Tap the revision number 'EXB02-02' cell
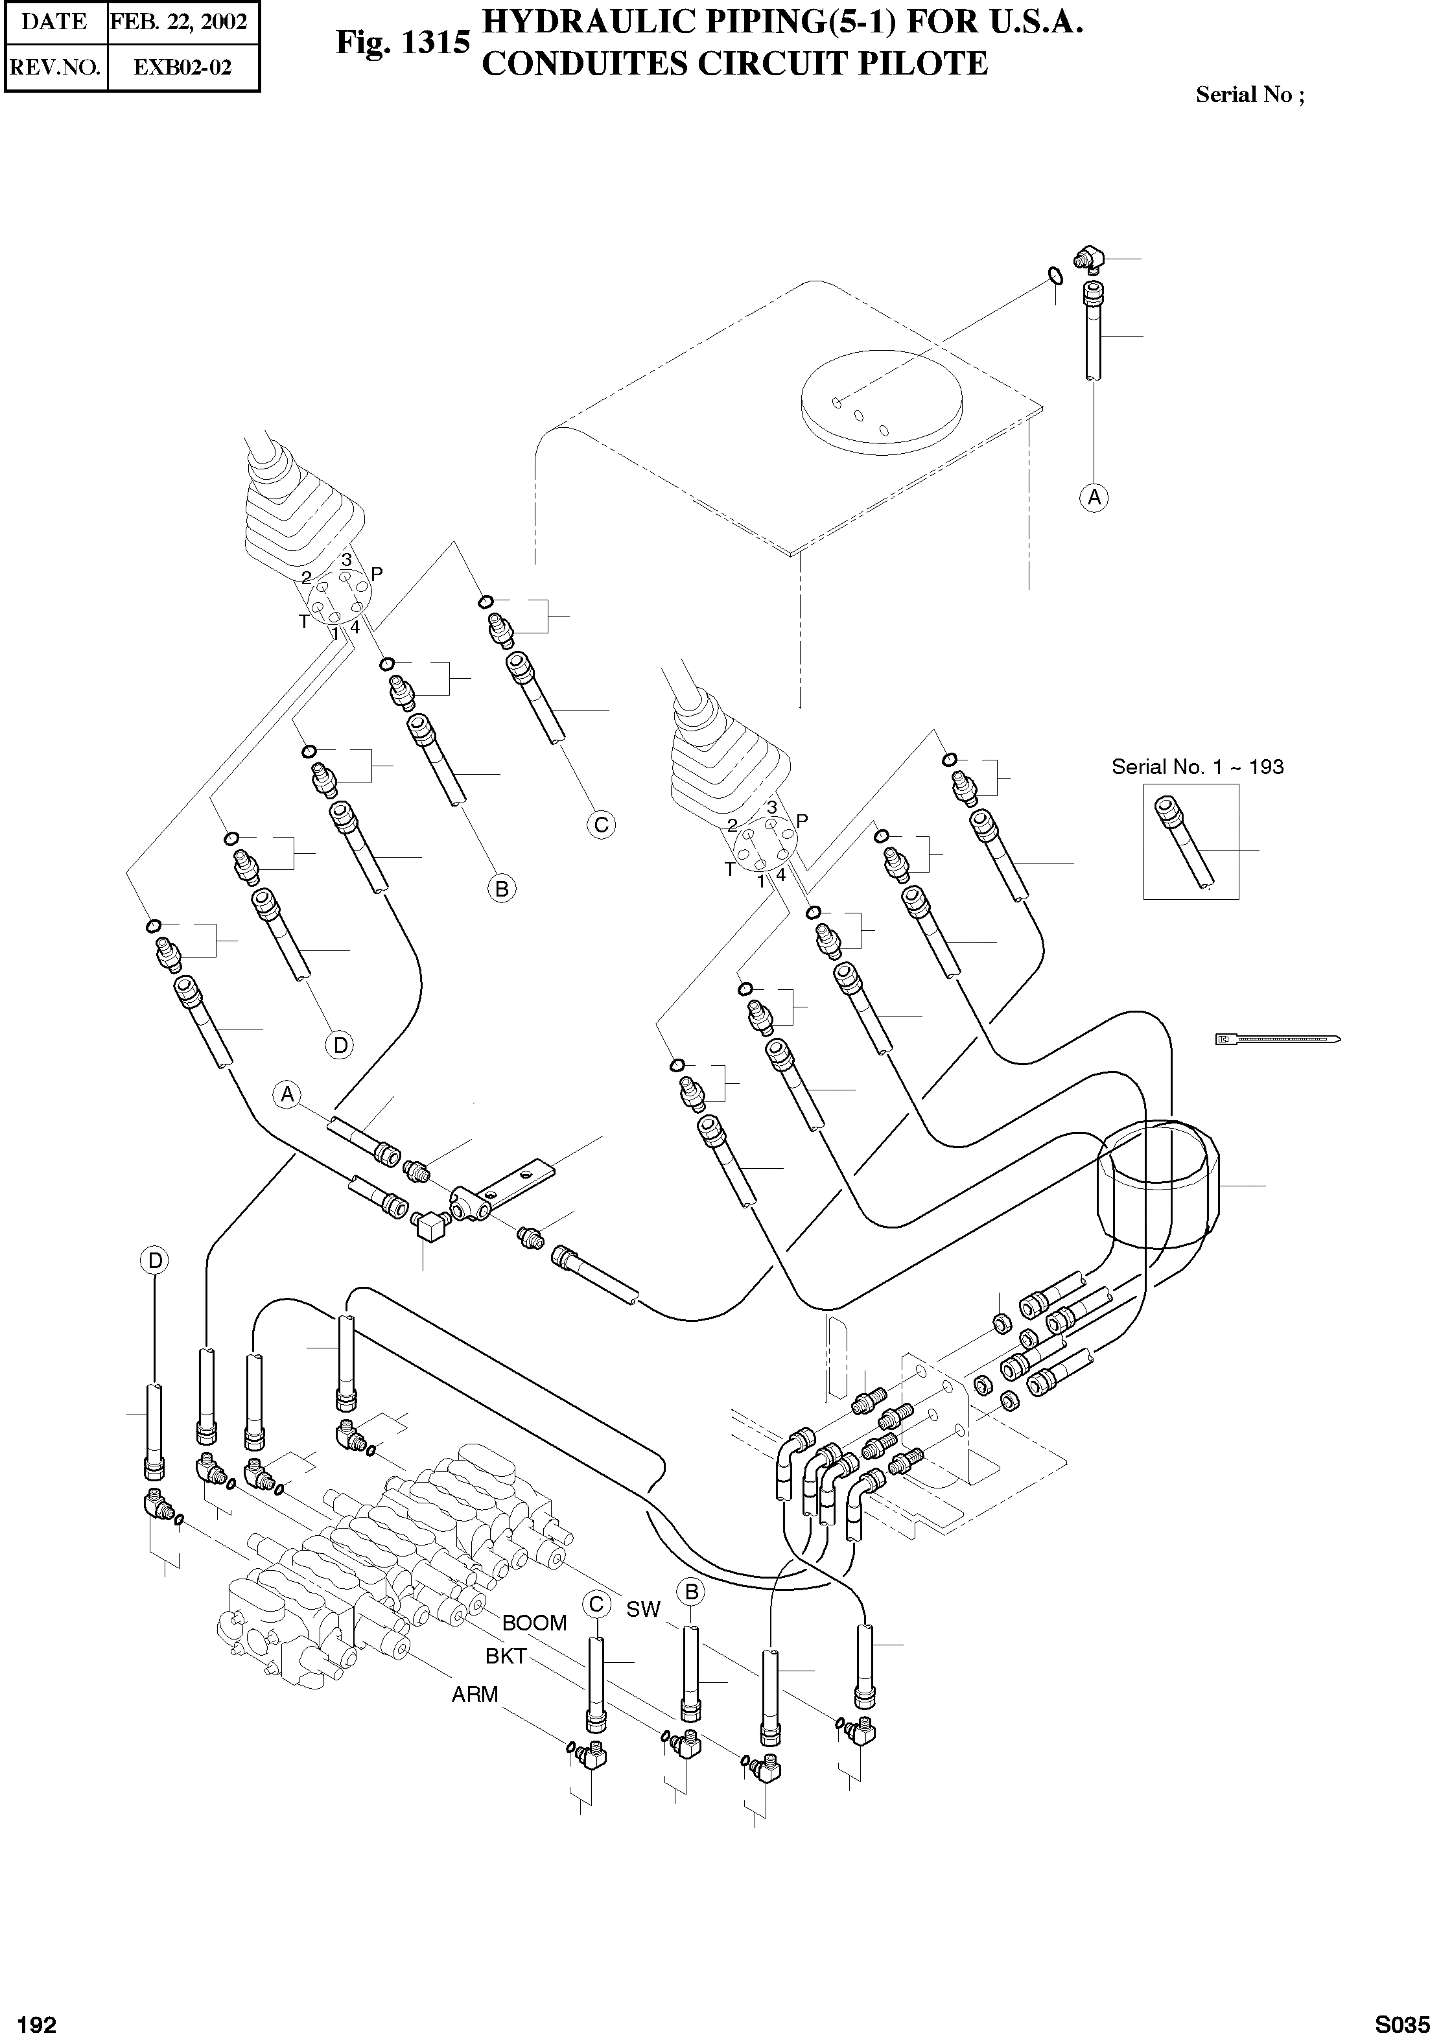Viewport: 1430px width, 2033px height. tap(182, 67)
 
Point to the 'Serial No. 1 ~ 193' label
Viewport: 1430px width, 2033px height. tap(1197, 767)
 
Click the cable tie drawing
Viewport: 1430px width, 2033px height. tap(1278, 1039)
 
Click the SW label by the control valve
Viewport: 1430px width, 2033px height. tap(643, 1609)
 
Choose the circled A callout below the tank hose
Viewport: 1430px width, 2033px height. tap(1094, 498)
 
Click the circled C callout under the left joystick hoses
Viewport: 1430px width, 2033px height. tap(601, 825)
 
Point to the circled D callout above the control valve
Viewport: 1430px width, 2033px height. tap(155, 1260)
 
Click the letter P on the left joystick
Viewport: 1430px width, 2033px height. tap(377, 574)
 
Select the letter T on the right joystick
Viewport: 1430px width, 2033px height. tap(730, 869)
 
